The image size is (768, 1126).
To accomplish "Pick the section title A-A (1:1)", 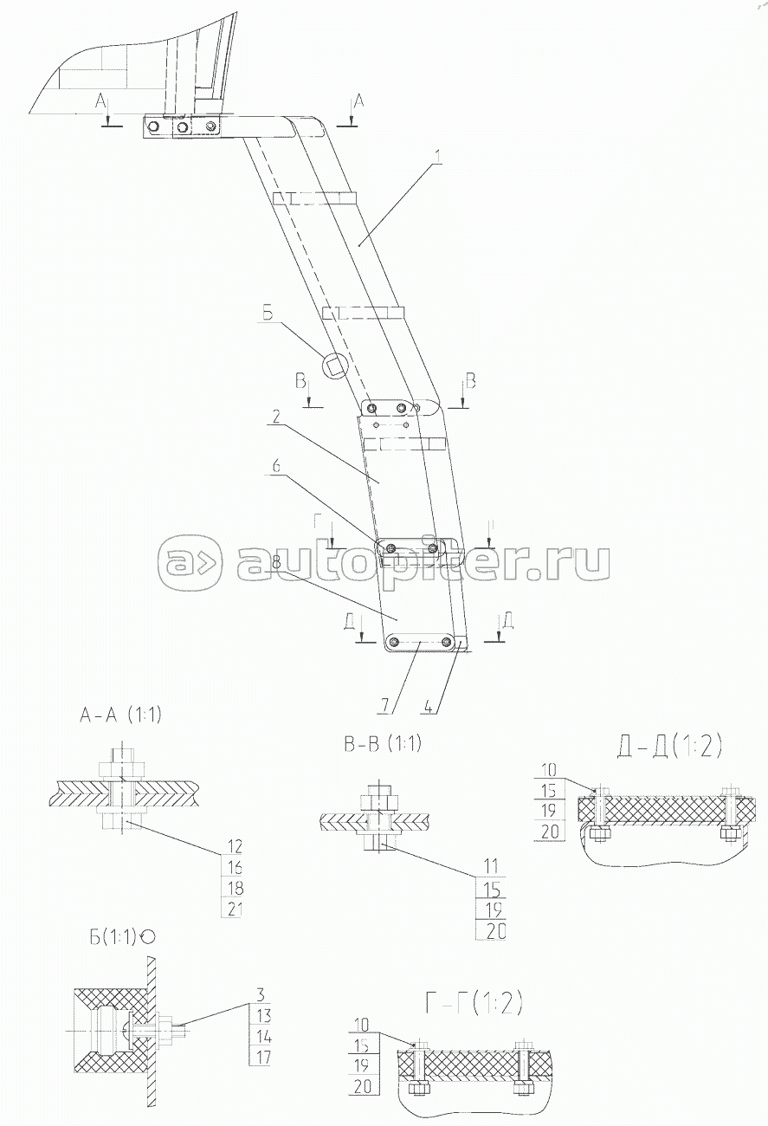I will coord(120,715).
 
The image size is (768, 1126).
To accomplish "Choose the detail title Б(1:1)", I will coord(113,936).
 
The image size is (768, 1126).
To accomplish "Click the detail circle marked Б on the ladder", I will coord(334,365).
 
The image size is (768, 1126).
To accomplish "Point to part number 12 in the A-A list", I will coord(235,845).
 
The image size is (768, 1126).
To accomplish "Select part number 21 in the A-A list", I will coord(235,908).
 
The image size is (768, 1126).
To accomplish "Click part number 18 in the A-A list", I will coord(235,887).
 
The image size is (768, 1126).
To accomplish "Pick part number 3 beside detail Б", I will coord(259,994).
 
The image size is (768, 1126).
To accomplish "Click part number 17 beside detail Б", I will coord(263,1056).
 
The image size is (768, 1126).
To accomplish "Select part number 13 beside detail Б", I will coord(263,1015).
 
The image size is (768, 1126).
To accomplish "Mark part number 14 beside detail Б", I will coord(263,1036).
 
